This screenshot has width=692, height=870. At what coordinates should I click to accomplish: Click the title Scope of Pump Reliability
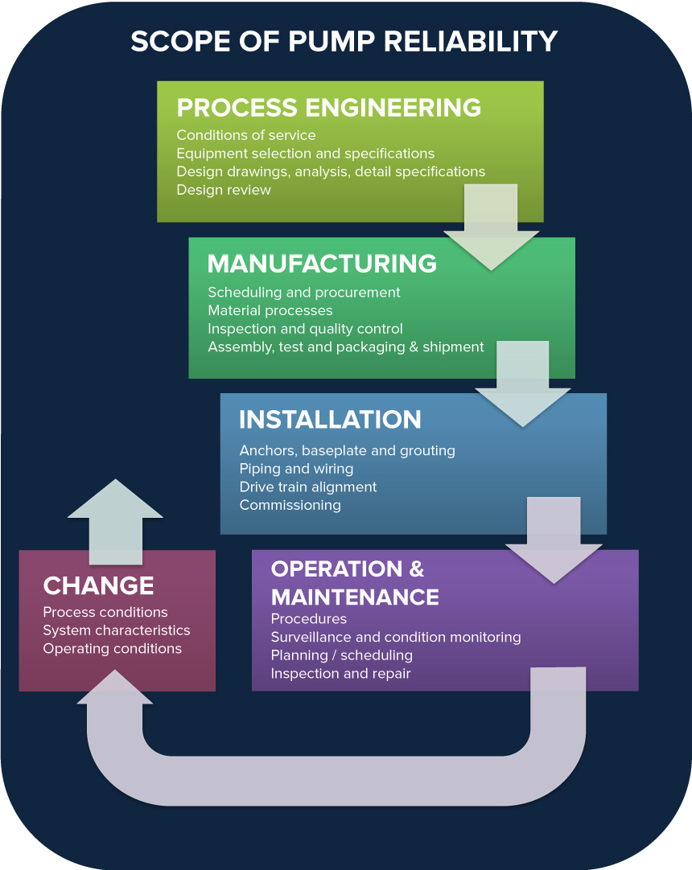point(344,41)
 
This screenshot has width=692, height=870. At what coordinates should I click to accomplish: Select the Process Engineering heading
point(328,108)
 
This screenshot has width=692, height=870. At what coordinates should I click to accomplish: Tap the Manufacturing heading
point(322,264)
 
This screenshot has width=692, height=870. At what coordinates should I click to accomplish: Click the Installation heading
point(330,420)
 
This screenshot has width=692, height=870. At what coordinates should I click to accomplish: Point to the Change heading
point(98,585)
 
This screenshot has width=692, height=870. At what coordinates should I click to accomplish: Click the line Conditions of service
point(245,135)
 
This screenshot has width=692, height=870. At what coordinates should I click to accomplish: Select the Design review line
point(224,190)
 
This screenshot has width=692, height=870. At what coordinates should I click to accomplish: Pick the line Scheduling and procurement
point(303,292)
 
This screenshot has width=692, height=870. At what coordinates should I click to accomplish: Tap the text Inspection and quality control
point(305,328)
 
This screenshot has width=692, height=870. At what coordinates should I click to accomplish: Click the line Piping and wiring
point(296,469)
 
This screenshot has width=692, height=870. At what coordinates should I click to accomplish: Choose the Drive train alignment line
point(307,486)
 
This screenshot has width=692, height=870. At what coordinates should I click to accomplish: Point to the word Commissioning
point(290,505)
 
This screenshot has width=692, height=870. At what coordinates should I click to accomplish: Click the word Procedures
point(308,619)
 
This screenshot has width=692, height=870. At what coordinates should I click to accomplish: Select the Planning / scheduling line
point(341,655)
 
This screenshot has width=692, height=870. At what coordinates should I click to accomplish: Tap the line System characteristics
point(117,630)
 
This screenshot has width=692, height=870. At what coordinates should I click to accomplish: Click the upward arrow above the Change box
point(115,519)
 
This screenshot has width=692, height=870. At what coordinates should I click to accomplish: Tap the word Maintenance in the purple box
point(355,597)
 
